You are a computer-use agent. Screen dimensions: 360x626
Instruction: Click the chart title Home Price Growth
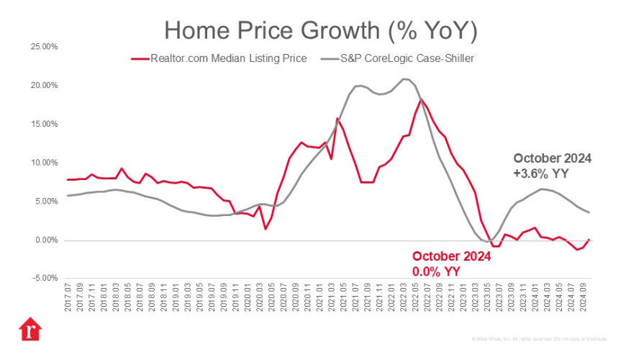pyautogui.click(x=321, y=30)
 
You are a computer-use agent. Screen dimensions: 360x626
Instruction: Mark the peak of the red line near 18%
pyautogui.click(x=421, y=99)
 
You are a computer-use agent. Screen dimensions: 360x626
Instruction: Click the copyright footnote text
pyautogui.click(x=540, y=338)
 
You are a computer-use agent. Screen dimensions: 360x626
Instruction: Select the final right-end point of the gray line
pyautogui.click(x=590, y=212)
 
